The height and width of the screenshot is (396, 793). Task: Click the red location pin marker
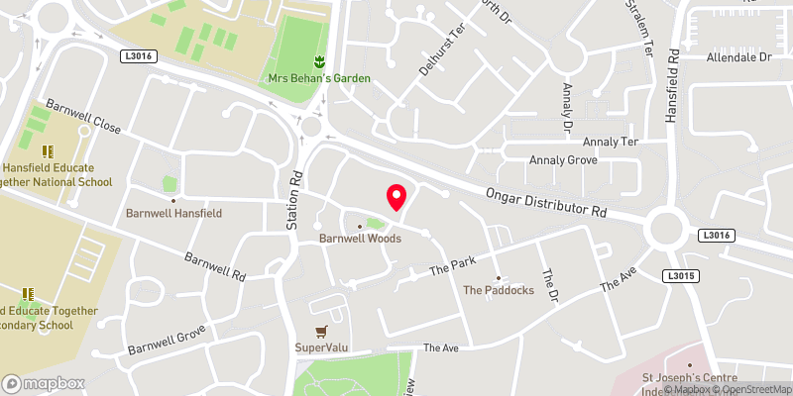396,197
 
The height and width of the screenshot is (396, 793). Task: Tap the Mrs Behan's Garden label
318,78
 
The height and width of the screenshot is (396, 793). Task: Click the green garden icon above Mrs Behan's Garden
319,61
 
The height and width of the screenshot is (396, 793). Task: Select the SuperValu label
319,347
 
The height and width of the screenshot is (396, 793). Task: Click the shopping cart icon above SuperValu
319,332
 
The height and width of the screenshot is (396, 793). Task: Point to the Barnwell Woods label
360,239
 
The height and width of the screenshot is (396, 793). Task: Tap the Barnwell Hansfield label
173,213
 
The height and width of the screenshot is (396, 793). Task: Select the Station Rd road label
294,200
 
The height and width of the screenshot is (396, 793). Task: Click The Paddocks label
499,290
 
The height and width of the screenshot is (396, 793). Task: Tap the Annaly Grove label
563,159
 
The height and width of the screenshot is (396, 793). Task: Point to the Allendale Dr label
738,58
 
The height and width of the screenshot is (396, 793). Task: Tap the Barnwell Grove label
166,339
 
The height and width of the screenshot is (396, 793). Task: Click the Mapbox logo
44,383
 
